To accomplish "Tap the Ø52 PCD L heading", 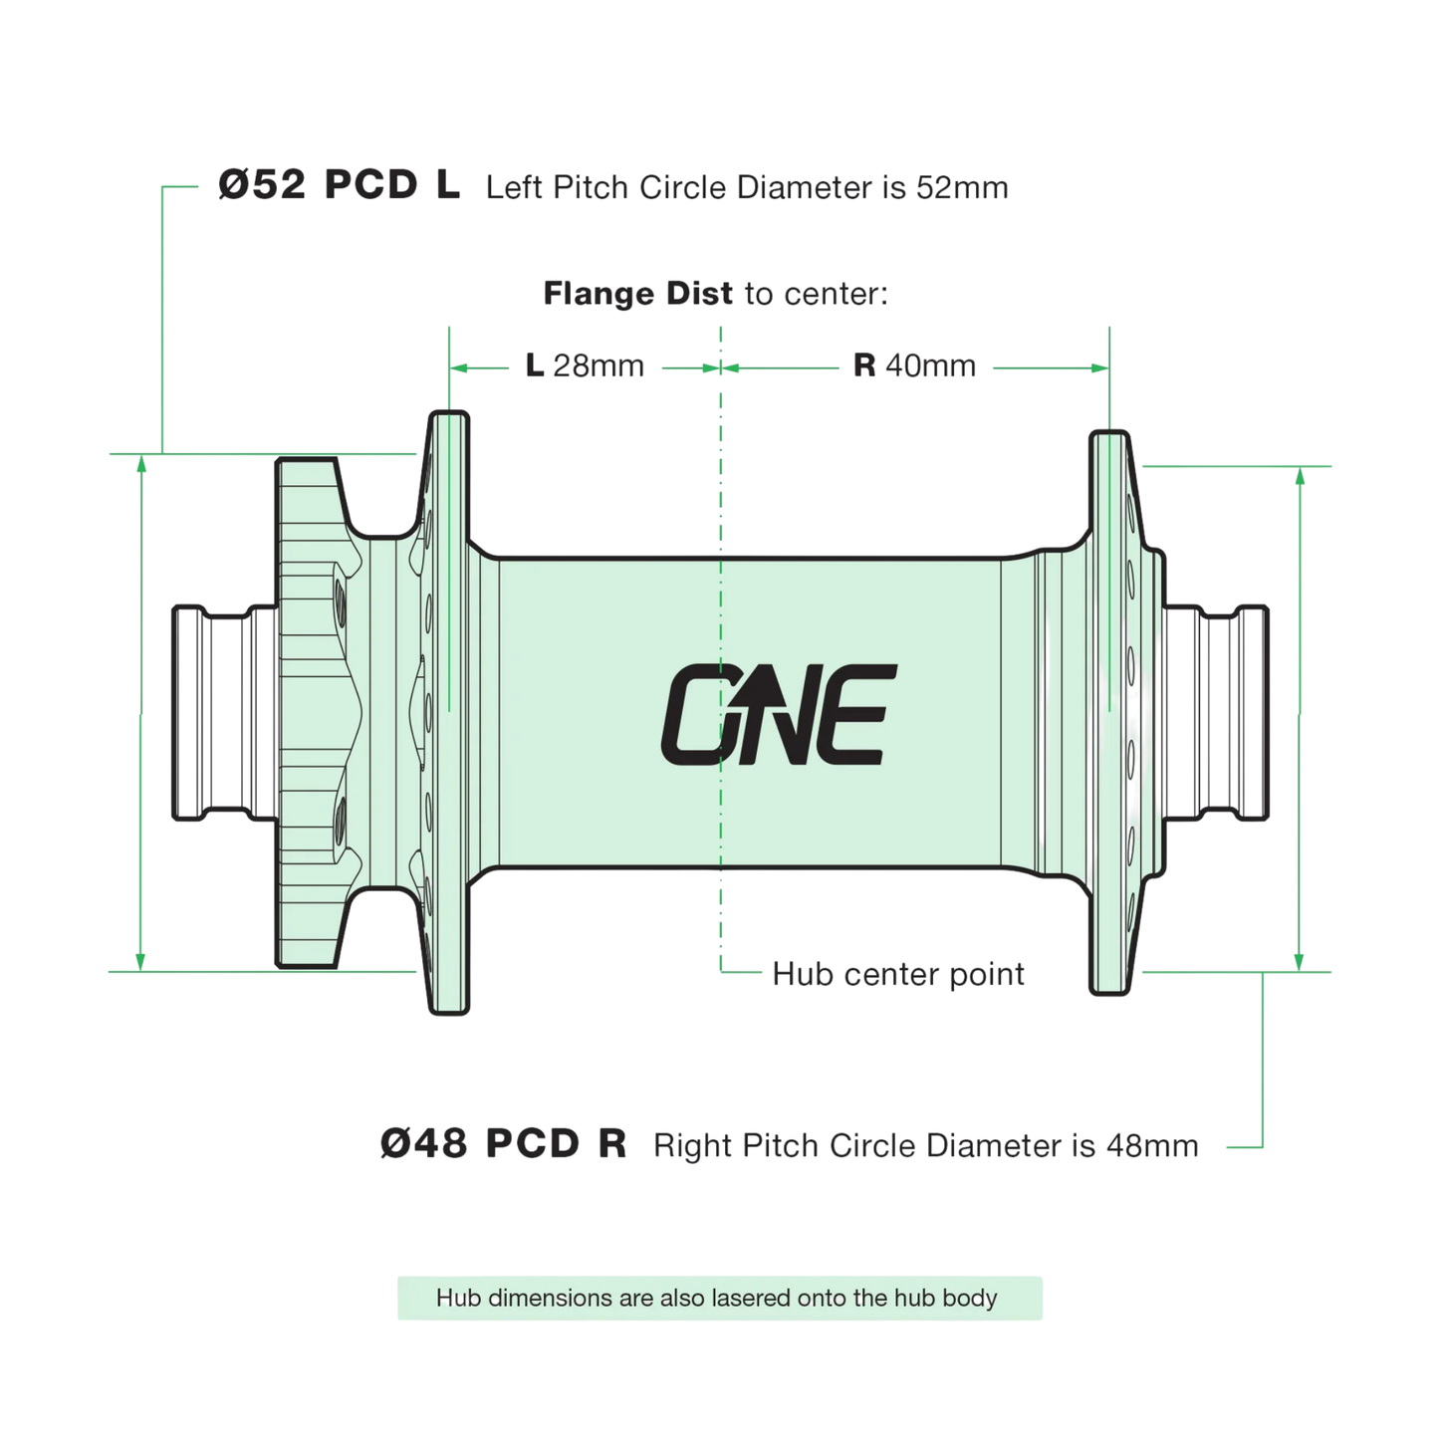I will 339,185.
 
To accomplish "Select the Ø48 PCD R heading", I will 503,1144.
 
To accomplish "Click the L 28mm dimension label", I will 585,366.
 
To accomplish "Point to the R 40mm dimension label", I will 914,366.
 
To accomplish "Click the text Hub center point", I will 897,974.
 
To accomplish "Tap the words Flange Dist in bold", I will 637,294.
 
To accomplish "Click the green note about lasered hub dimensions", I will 719,1298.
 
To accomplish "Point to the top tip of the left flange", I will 449,416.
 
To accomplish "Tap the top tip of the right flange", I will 1108,436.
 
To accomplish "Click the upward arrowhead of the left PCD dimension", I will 141,464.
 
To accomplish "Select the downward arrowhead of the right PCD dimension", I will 1299,961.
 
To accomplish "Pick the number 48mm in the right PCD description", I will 1151,1145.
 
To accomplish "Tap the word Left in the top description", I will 514,187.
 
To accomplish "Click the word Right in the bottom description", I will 692,1145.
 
